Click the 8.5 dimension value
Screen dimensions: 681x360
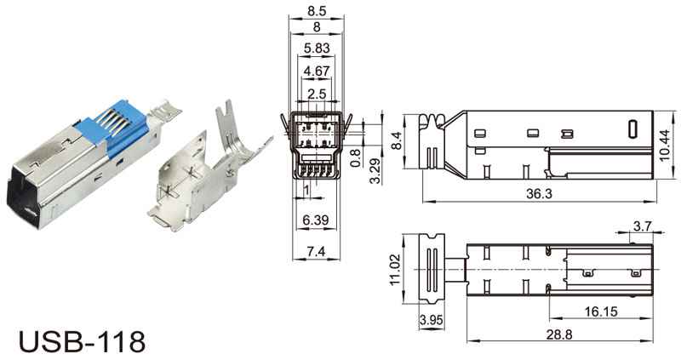[x=316, y=10]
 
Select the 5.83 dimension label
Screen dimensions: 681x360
[x=317, y=49]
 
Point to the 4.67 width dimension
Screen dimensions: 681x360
[x=317, y=71]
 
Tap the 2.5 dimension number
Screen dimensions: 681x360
[x=316, y=94]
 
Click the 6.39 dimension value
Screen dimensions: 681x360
[x=316, y=220]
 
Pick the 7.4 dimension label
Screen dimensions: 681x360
[x=316, y=251]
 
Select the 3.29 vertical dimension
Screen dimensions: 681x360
[x=375, y=171]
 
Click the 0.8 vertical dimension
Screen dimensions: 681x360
[x=355, y=158]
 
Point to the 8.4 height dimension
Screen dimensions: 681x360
[x=397, y=140]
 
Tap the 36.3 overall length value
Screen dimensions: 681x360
[x=539, y=194]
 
